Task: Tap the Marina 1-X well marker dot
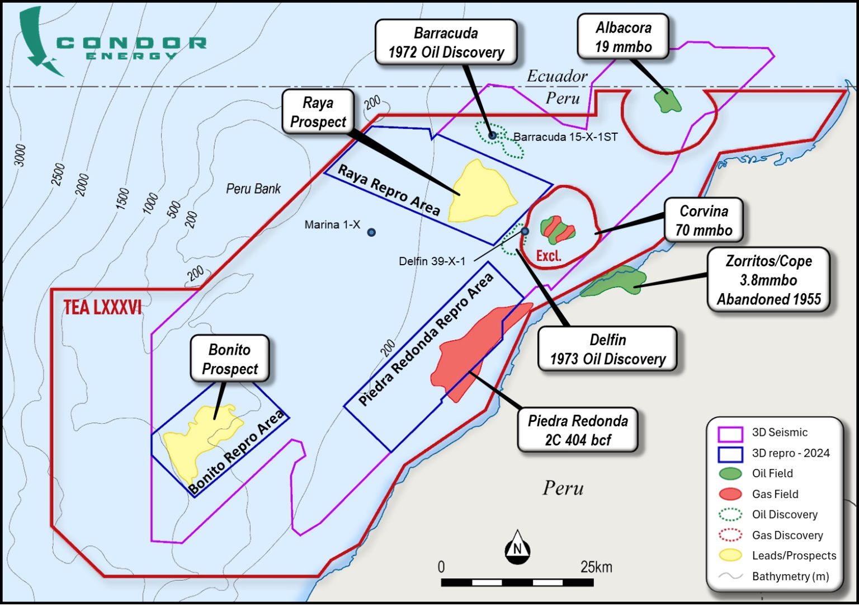click(x=371, y=232)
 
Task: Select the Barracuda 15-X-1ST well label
click(x=565, y=137)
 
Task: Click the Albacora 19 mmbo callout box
click(x=623, y=37)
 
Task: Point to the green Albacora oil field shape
click(x=667, y=101)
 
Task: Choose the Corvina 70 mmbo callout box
click(x=704, y=220)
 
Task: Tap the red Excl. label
click(x=549, y=256)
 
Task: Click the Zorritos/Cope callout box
click(x=768, y=280)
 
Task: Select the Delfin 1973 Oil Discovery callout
click(x=607, y=349)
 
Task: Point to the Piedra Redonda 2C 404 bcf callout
click(x=578, y=430)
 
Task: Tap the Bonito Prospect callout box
click(x=230, y=359)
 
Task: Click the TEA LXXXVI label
click(x=102, y=308)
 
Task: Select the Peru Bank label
click(x=253, y=189)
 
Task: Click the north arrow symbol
click(x=517, y=547)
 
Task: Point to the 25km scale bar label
click(x=596, y=567)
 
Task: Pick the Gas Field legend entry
click(x=775, y=494)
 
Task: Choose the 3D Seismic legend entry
click(x=779, y=433)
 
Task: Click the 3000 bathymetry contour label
click(x=20, y=155)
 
